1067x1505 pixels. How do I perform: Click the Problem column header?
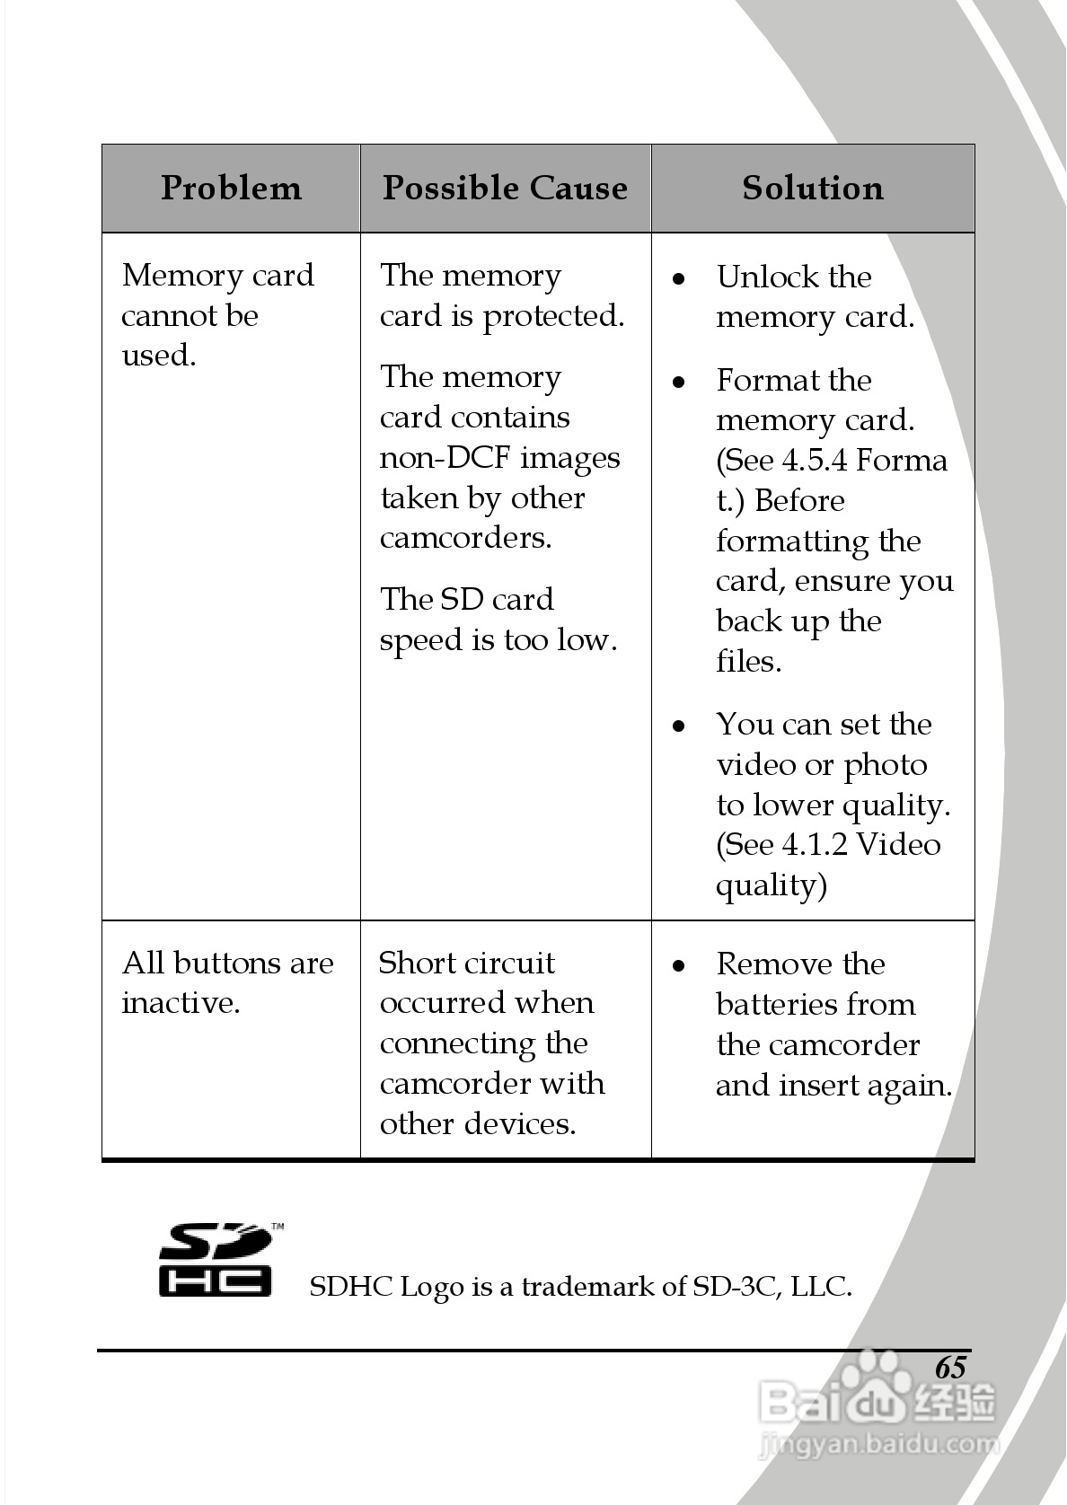coord(231,188)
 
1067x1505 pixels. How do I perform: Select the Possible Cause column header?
coord(505,188)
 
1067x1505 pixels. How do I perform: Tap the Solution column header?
coord(813,188)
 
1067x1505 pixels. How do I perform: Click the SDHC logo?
coord(217,1260)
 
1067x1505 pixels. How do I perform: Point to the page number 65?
coord(950,1367)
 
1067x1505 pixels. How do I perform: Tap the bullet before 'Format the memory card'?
coord(680,382)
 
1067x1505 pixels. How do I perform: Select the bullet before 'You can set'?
coord(680,726)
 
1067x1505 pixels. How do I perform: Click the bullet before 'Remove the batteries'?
coord(680,965)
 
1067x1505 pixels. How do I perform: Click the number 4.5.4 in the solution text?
coord(814,461)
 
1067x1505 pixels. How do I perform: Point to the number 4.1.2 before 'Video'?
coord(814,845)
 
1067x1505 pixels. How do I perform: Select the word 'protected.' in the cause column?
coord(553,317)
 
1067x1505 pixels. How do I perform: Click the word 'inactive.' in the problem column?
coord(181,1003)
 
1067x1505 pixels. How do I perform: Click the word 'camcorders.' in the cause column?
coord(465,538)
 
